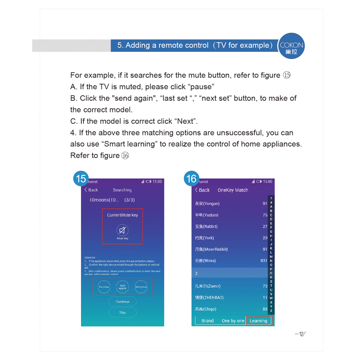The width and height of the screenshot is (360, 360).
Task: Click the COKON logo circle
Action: [292, 46]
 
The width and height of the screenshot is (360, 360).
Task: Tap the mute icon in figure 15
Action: [122, 230]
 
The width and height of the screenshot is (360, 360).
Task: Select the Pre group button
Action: [104, 287]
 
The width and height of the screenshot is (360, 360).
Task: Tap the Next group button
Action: [141, 287]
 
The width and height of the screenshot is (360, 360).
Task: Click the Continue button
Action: [122, 302]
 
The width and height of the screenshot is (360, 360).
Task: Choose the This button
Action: [122, 312]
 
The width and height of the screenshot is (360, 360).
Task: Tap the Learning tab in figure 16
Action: [258, 321]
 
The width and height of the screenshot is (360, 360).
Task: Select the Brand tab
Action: [207, 321]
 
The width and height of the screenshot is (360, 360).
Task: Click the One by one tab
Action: [233, 321]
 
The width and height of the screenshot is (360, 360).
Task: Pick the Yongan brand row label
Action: [207, 203]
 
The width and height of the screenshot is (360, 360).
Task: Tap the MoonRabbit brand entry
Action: [211, 249]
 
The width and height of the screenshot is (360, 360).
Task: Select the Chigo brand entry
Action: [206, 309]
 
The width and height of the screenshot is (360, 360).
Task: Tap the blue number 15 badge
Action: [81, 179]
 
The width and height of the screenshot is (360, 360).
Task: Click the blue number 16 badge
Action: [192, 179]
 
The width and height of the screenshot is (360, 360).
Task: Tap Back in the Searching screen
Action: [91, 190]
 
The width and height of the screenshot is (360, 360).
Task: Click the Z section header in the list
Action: [197, 273]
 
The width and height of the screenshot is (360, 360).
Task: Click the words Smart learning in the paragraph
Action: [130, 144]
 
